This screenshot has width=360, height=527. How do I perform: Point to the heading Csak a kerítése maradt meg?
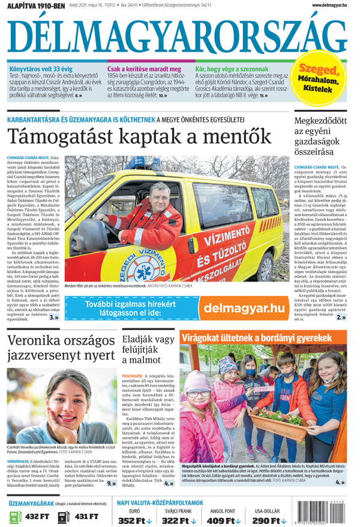coord(144,70)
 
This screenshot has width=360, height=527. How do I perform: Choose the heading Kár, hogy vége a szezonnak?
coord(233,70)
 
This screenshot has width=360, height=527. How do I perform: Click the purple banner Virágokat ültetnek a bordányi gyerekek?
coord(256,339)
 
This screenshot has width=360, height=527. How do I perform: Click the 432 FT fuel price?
coord(36,516)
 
